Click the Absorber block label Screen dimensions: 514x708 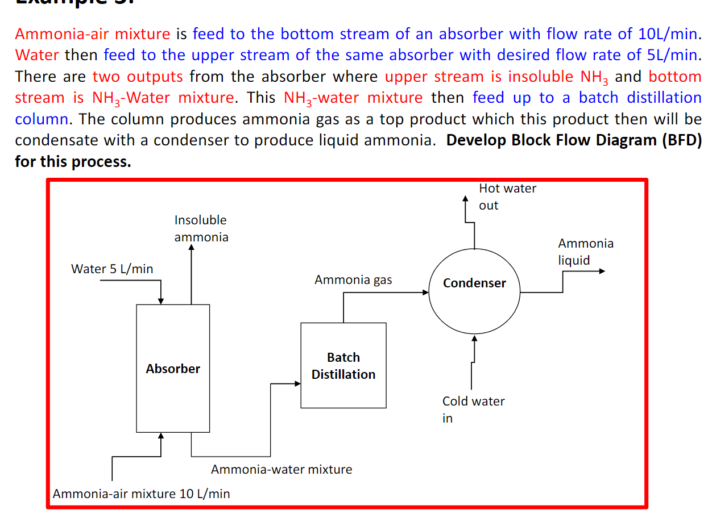(173, 369)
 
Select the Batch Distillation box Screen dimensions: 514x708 (343, 365)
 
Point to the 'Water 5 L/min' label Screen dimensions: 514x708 (112, 269)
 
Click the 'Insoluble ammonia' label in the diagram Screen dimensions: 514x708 (201, 228)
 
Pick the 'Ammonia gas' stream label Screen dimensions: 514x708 (353, 279)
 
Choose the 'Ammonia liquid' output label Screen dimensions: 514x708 (586, 252)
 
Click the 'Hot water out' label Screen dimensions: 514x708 (507, 197)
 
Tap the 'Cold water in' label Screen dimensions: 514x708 (473, 409)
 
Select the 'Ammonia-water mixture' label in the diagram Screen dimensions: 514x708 (281, 469)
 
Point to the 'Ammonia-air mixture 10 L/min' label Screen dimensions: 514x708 (142, 493)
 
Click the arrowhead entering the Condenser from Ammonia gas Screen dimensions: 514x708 (425, 292)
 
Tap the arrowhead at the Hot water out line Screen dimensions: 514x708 (466, 199)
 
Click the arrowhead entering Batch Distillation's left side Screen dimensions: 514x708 (297, 384)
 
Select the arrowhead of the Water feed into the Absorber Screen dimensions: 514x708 (161, 300)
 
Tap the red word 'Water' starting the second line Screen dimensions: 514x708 (36, 55)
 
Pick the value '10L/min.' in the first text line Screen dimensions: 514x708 (668, 34)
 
